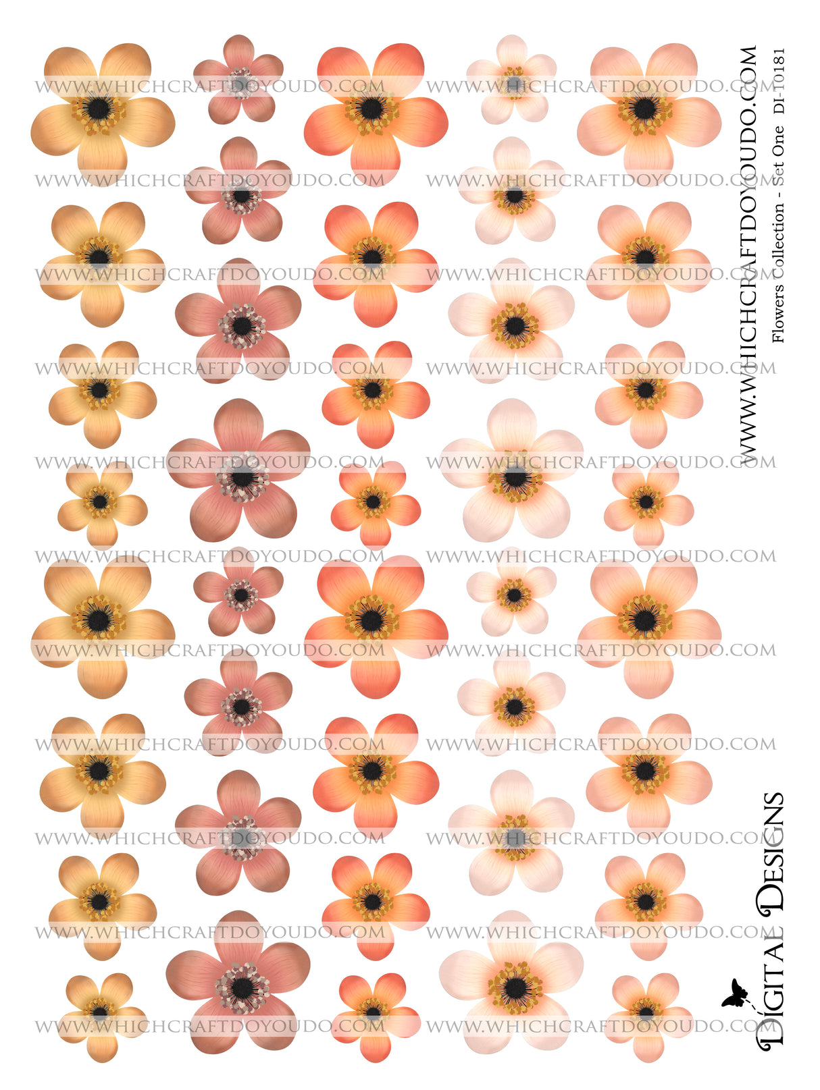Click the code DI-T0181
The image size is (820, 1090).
pyautogui.click(x=778, y=80)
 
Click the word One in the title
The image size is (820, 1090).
pyautogui.click(x=778, y=142)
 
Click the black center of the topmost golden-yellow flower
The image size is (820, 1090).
pyautogui.click(x=99, y=108)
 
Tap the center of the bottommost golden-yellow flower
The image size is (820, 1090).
pyautogui.click(x=100, y=1012)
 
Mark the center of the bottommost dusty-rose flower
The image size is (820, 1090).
pyautogui.click(x=241, y=987)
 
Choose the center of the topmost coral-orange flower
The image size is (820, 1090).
pyautogui.click(x=371, y=108)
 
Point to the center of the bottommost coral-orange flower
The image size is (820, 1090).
pyautogui.click(x=373, y=1012)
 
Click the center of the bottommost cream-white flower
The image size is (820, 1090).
pyautogui.click(x=515, y=987)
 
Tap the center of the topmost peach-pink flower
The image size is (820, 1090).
pyautogui.click(x=645, y=108)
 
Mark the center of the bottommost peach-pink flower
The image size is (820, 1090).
pyautogui.click(x=646, y=1012)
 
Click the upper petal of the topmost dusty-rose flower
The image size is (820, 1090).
pyautogui.click(x=238, y=51)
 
